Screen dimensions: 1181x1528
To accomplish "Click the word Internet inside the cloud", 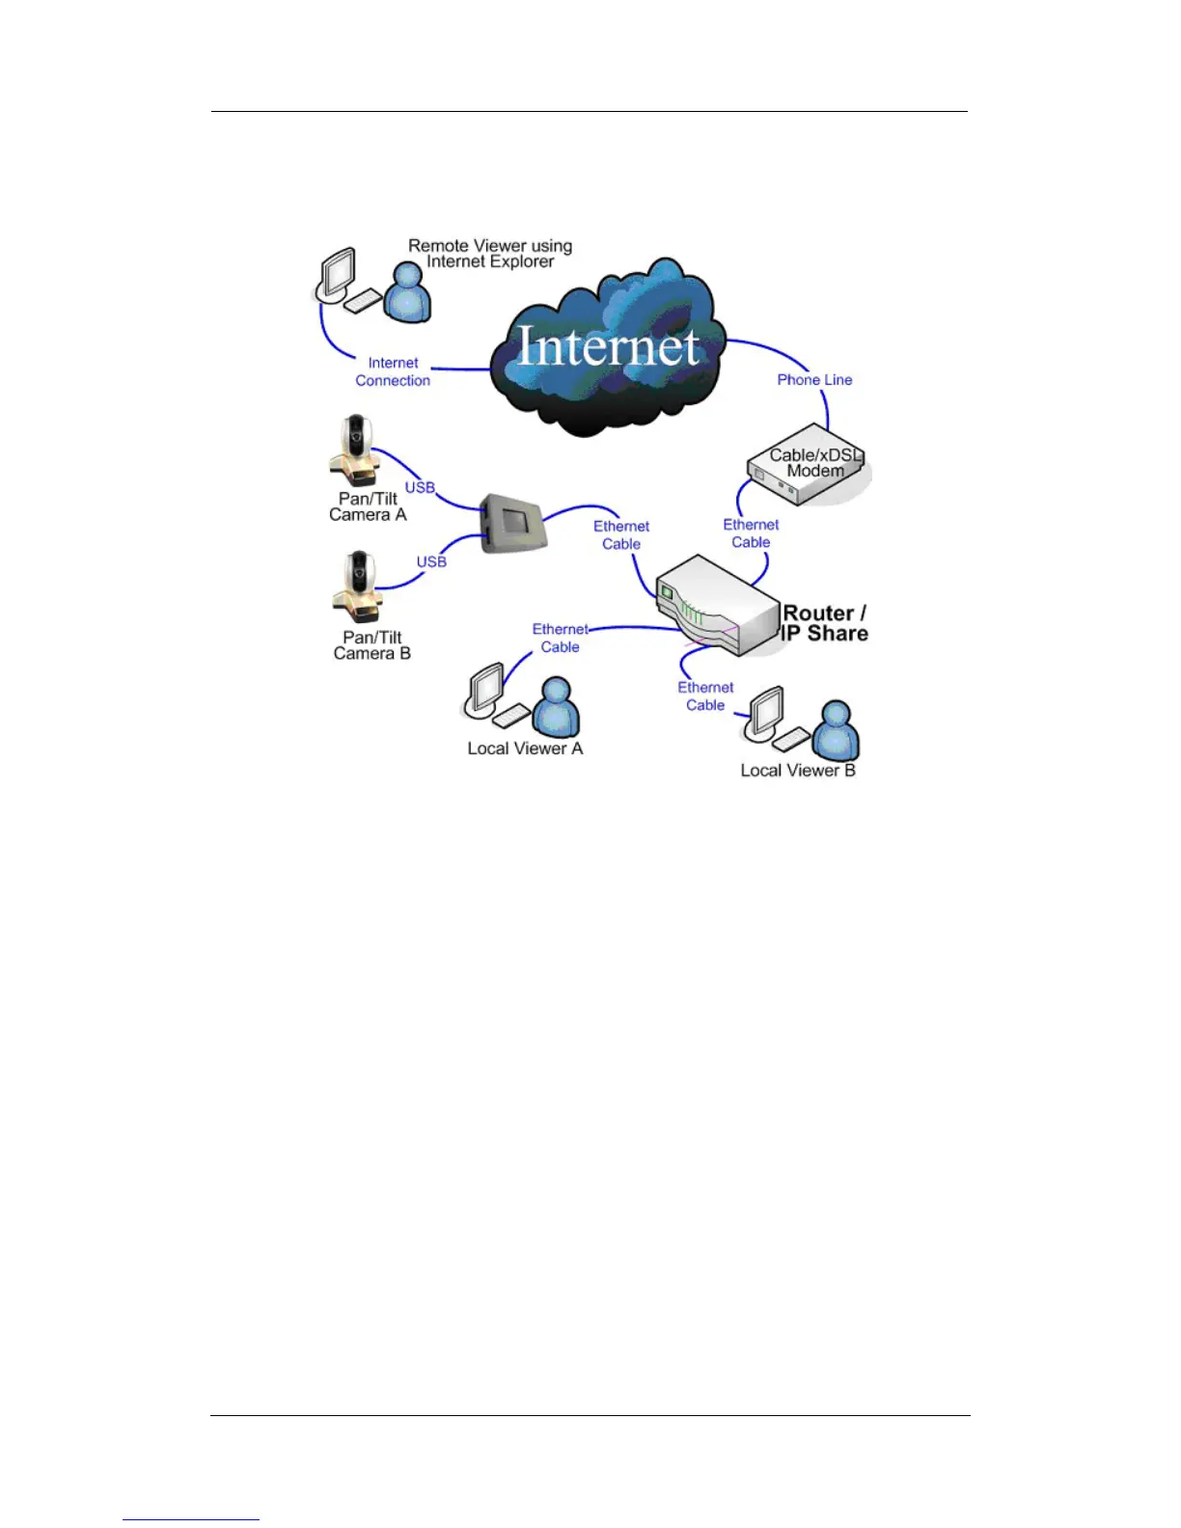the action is [x=608, y=346].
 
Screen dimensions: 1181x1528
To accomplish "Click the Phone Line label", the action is [x=814, y=380].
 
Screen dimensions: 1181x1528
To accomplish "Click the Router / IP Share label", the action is [x=824, y=623].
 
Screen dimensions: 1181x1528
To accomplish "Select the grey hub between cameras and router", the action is [x=513, y=524].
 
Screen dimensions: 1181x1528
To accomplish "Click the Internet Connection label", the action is [x=393, y=372].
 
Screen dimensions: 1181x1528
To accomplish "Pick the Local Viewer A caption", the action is [x=525, y=749].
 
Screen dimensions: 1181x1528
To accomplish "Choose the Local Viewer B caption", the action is [x=798, y=771].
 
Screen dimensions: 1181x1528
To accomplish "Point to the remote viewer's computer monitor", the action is [x=337, y=274].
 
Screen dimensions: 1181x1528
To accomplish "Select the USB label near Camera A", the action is [x=420, y=488].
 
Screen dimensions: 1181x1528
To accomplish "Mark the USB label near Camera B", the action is [x=431, y=561].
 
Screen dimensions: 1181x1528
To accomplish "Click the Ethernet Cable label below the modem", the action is [x=751, y=533].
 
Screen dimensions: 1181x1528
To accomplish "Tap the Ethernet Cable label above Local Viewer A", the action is [x=560, y=638].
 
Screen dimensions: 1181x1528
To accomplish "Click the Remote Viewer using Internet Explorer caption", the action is [x=490, y=254].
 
